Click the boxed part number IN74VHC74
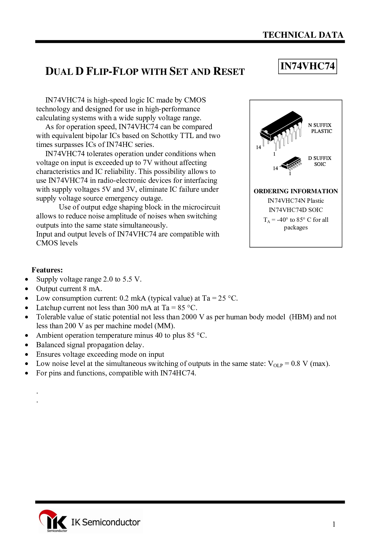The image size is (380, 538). pos(307,66)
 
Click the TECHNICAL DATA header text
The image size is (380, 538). pos(303,35)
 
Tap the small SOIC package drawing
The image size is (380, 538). pos(291,163)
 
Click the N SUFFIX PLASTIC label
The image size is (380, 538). pos(320,128)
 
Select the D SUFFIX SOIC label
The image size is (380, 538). pos(320,161)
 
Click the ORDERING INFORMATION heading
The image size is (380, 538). pos(296,191)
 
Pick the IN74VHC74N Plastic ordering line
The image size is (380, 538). pos(296,201)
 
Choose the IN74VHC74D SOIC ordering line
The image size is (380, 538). pos(296,210)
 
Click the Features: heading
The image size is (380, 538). pos(47,270)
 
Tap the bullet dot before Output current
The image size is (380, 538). pos(27,289)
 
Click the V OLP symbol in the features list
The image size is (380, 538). pos(275,364)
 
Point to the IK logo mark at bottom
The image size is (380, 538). pos(53,521)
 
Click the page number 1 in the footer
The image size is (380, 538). pos(334,524)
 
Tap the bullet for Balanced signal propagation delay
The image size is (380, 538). pos(27,345)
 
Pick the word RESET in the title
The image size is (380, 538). pos(229,71)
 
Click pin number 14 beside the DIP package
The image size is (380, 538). pos(258,147)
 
